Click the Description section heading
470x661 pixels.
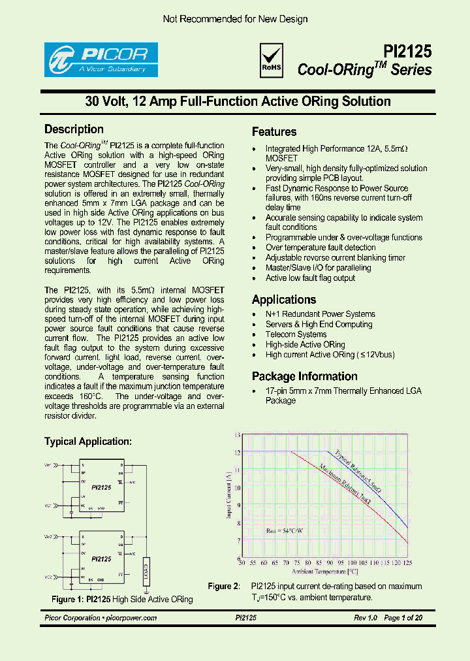[x=74, y=129]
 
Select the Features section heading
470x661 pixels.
[x=274, y=132]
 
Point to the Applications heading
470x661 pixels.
[x=284, y=300]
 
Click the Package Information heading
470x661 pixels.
[x=305, y=376]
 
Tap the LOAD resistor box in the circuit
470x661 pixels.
[x=146, y=575]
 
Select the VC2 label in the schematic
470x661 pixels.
[x=48, y=577]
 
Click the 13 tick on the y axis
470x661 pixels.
[x=237, y=434]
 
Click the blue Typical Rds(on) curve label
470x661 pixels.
[x=357, y=471]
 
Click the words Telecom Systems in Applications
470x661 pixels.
[x=296, y=334]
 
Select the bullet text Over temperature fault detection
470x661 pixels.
[x=321, y=248]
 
